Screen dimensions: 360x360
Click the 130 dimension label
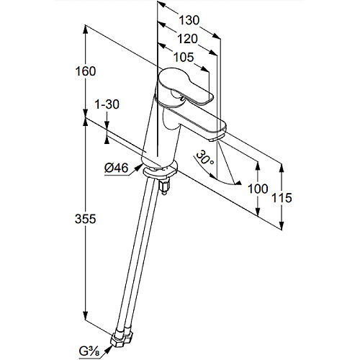[189, 20]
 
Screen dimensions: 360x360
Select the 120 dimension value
[187, 39]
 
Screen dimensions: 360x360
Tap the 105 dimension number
[184, 57]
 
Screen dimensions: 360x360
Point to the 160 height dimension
[86, 71]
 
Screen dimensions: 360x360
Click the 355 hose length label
[86, 219]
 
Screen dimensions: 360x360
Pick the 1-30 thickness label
[107, 104]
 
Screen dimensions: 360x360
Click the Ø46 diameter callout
[117, 168]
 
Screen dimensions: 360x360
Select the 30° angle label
[204, 158]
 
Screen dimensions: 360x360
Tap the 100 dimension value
[258, 189]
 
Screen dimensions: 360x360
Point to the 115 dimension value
[282, 198]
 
